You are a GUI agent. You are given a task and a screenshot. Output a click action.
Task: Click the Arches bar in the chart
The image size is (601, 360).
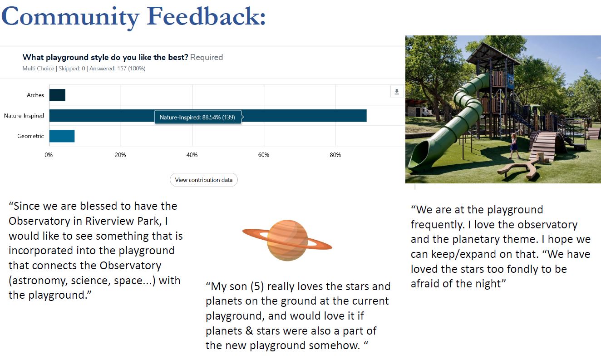57,95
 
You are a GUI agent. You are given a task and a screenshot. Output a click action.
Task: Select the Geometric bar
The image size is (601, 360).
62,136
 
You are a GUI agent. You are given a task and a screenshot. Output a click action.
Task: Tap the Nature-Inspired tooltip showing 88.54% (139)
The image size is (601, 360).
198,117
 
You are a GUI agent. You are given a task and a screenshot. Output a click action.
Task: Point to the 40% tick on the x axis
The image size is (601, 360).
192,155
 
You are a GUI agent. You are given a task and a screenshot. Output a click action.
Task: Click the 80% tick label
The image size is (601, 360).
335,155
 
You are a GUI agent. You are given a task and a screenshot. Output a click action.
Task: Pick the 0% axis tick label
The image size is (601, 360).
49,155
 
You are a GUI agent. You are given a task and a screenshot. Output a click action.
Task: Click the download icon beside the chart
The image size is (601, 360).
397,92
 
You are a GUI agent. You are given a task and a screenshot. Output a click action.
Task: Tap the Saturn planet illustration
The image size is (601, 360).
287,240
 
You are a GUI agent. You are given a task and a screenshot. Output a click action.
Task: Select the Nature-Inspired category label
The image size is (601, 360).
24,116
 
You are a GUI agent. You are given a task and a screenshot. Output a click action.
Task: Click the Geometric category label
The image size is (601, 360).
30,136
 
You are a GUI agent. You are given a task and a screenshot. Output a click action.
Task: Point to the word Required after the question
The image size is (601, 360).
207,57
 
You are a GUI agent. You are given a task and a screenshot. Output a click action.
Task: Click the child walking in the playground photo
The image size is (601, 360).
514,146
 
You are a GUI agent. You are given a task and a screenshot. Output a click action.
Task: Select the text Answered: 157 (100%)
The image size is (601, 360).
117,69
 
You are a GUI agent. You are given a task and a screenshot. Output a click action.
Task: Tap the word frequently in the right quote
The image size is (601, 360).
438,225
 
